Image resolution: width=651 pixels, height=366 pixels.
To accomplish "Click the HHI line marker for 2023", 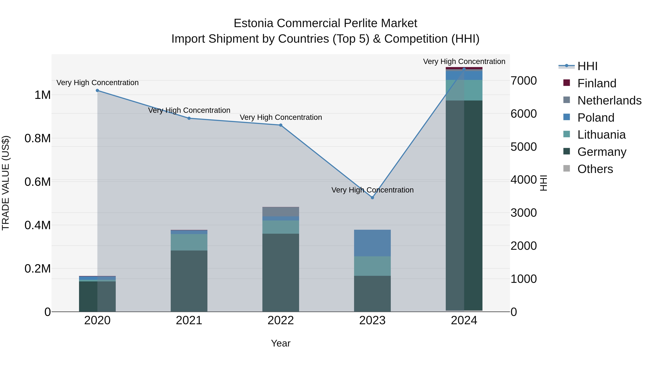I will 372,198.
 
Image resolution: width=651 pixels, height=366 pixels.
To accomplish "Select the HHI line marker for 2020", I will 97,90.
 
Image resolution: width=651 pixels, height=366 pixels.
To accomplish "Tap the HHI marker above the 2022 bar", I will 280,125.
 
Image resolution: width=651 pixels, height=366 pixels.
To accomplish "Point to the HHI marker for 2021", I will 189,118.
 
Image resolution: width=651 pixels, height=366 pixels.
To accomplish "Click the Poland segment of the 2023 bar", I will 372,243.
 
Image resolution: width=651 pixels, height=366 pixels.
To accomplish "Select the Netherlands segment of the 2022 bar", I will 280,212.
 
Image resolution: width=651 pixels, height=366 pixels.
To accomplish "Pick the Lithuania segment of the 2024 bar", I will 464,90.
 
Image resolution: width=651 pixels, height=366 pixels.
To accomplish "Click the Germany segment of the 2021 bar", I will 189,281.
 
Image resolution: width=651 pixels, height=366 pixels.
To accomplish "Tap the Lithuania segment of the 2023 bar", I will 372,266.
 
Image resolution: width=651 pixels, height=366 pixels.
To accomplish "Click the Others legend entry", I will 595,169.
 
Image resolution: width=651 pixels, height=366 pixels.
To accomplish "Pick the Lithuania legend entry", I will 601,135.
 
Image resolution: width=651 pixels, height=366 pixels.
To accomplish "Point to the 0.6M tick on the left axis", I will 37,182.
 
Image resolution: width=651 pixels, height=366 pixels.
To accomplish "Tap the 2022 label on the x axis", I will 280,320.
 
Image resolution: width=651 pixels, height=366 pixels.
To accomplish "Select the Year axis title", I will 280,343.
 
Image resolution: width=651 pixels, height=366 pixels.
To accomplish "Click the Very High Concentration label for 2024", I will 464,61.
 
